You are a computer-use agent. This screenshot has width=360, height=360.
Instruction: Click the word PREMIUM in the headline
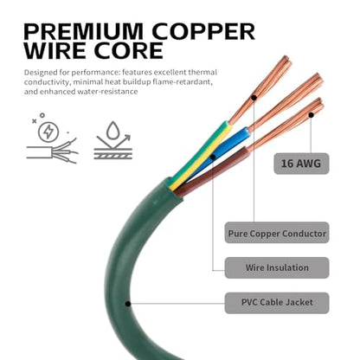coord(83,31)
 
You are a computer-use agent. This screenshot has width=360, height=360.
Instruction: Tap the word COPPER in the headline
coord(203,31)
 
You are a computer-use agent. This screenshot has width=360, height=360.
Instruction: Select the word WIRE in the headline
coord(55,51)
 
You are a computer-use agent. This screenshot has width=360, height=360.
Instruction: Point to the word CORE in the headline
coord(129,51)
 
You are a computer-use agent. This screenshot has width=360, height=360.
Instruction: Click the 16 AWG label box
coord(301,164)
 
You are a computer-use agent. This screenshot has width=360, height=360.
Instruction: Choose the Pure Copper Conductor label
coord(277,233)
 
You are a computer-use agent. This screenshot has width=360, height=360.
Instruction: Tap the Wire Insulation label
coord(277,267)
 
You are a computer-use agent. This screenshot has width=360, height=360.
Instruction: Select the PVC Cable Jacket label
coord(277,303)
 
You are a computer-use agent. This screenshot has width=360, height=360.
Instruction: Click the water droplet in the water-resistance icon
coord(112,131)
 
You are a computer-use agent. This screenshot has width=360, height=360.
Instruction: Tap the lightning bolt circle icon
coord(48,132)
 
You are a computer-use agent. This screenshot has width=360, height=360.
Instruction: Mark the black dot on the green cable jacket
coord(128,304)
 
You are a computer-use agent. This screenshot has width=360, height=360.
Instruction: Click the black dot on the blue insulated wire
coord(213,157)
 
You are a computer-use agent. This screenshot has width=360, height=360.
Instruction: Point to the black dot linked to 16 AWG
coord(311,115)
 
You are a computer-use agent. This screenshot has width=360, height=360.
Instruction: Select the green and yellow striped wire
coord(199,156)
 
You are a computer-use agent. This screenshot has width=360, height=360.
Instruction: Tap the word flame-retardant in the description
coord(183,82)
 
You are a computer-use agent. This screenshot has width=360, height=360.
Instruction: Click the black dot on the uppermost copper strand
coord(254,98)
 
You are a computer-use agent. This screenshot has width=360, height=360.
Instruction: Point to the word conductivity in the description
coord(47,82)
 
